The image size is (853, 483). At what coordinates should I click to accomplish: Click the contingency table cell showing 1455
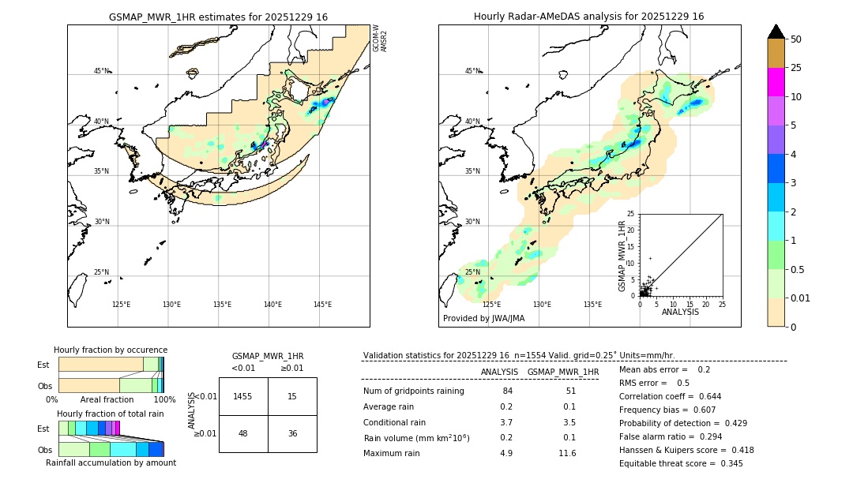click(x=243, y=396)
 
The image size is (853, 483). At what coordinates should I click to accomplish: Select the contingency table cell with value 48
click(x=243, y=433)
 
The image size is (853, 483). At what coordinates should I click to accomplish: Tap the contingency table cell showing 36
click(x=292, y=433)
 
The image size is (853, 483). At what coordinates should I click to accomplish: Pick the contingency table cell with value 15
click(x=292, y=396)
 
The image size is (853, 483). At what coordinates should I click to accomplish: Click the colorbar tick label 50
click(x=796, y=39)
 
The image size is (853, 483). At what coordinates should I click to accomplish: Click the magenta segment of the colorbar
click(x=776, y=82)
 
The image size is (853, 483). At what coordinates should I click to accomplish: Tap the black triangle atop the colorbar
click(x=776, y=32)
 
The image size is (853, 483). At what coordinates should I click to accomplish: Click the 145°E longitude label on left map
click(x=322, y=305)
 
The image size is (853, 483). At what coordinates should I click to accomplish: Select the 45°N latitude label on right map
click(x=472, y=71)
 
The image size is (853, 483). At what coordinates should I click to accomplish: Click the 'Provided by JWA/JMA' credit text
click(x=483, y=318)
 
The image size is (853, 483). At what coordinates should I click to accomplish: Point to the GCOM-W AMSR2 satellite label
click(x=380, y=38)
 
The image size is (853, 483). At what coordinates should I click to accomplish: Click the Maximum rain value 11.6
click(x=567, y=453)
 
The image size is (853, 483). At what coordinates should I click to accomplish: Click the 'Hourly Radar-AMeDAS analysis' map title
click(x=588, y=17)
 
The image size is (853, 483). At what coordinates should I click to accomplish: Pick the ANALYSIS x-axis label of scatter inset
click(x=680, y=312)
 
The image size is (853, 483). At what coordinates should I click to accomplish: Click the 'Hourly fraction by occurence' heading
click(x=111, y=350)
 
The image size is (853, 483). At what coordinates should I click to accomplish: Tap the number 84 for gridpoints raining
click(x=507, y=391)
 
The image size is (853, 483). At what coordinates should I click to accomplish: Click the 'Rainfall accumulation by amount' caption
click(x=111, y=462)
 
